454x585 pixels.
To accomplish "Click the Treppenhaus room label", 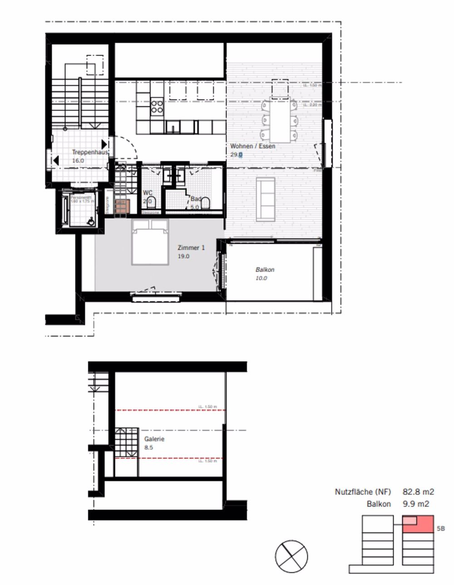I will click(x=90, y=153).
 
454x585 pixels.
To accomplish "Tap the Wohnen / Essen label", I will click(x=252, y=146).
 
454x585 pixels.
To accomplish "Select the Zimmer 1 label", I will click(x=191, y=248).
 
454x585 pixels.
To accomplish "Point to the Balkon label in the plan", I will click(x=265, y=269).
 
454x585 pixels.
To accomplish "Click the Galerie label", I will click(x=154, y=439).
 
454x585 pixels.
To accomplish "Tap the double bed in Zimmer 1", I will click(x=150, y=242).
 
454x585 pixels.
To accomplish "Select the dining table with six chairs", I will click(x=280, y=121).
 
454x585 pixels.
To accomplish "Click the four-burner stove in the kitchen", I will click(x=157, y=107).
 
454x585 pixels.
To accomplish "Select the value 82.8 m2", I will click(x=418, y=491).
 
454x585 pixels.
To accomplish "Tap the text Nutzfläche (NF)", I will click(x=363, y=491).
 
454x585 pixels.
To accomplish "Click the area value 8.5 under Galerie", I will click(x=149, y=447).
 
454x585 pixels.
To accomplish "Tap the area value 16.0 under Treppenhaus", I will click(x=79, y=160).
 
